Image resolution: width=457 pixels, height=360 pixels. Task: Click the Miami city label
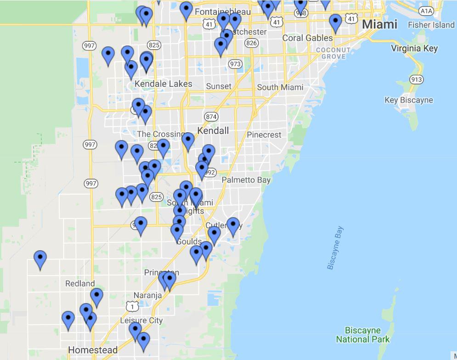[x=379, y=24]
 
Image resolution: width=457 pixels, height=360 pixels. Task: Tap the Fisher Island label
[x=431, y=25]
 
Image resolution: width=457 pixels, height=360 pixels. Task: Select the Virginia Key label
[x=414, y=48]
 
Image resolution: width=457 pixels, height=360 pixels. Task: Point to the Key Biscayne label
[x=408, y=100]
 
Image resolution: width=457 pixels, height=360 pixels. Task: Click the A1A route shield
[x=426, y=10]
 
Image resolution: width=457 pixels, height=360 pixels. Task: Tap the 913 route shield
[x=416, y=79]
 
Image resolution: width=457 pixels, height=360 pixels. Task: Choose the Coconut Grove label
[x=333, y=53]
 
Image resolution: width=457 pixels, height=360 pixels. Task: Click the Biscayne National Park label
[x=363, y=335]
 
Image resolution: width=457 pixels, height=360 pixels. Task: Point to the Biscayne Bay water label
[x=335, y=248]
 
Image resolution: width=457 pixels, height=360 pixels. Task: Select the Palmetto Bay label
[x=246, y=180]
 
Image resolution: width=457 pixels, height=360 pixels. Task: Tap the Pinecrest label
[x=264, y=135]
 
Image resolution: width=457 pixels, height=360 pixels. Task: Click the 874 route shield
[x=211, y=117]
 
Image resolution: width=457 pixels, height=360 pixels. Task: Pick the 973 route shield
[x=235, y=64]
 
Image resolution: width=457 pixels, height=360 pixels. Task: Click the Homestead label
[x=92, y=350]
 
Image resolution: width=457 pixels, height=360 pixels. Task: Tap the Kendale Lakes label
[x=164, y=84]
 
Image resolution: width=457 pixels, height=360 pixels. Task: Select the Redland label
[x=80, y=283]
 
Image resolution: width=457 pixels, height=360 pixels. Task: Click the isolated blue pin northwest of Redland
[x=40, y=259]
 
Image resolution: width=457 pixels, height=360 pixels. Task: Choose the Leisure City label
[x=141, y=320]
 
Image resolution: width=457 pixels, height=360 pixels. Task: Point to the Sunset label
[x=219, y=86]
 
